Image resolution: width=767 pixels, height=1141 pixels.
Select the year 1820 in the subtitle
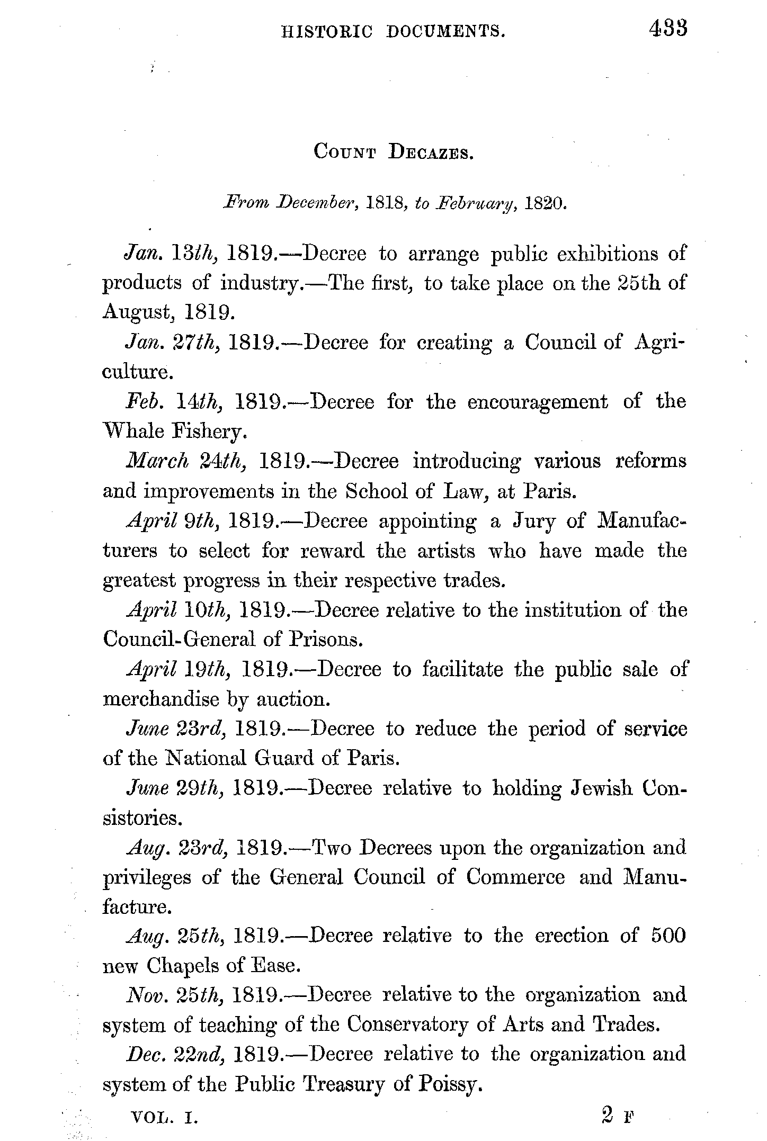coord(545,204)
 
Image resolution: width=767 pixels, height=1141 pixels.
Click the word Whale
coord(132,432)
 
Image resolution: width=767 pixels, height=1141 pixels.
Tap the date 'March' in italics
coord(157,461)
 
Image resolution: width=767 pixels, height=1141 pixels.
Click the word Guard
coord(285,759)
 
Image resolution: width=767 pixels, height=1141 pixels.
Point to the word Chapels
coord(183,966)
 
